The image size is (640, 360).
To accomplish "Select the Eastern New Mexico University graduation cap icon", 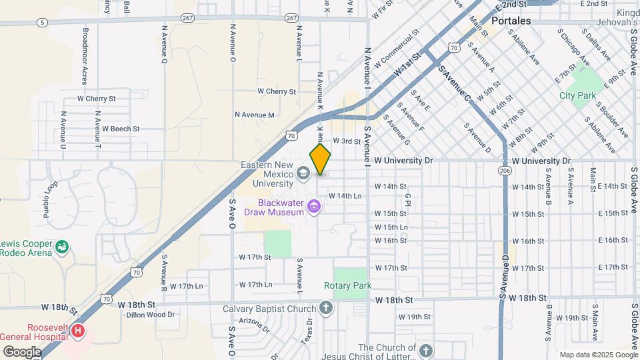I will pyautogui.click(x=303, y=174).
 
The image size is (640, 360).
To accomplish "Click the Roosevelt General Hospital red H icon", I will pyautogui.click(x=79, y=331).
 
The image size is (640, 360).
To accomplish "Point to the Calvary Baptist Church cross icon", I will pyautogui.click(x=325, y=308).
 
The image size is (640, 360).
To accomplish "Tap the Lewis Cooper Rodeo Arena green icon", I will pyautogui.click(x=62, y=247).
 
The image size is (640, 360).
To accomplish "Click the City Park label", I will pyautogui.click(x=577, y=95).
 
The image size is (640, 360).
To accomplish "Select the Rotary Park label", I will pyautogui.click(x=347, y=285).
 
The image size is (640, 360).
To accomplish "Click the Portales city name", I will pyautogui.click(x=511, y=21).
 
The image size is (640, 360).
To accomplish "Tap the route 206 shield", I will pyautogui.click(x=504, y=171).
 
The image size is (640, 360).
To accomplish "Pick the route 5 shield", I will pyautogui.click(x=43, y=22).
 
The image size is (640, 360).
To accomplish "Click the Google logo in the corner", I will pyautogui.click(x=22, y=351).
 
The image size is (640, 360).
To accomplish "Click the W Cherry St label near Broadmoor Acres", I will pyautogui.click(x=97, y=99).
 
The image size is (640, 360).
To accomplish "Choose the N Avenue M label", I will pyautogui.click(x=255, y=115).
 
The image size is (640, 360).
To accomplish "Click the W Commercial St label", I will pyautogui.click(x=396, y=49).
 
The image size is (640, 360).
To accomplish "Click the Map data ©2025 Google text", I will pyautogui.click(x=599, y=355).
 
